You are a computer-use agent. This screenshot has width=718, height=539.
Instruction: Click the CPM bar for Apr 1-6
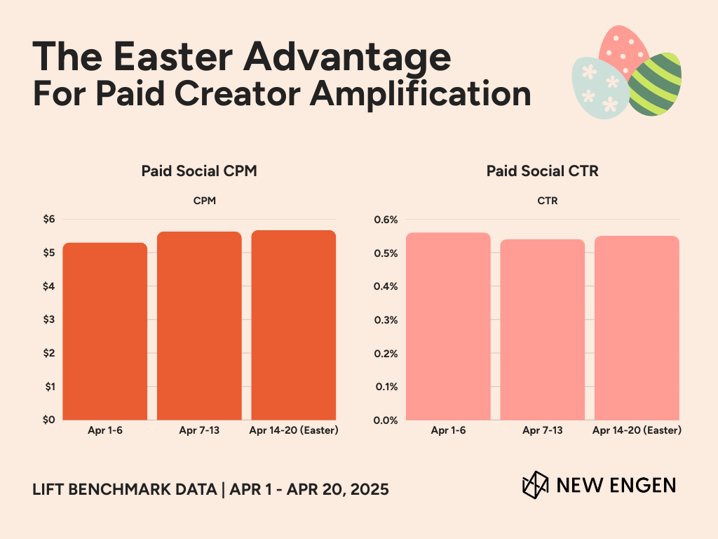click(x=105, y=331)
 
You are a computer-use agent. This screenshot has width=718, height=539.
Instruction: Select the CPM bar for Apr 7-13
click(x=199, y=326)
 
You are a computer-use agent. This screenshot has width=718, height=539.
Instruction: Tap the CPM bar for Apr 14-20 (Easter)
click(x=293, y=325)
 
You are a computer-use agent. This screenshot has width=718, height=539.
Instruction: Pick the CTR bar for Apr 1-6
click(x=449, y=326)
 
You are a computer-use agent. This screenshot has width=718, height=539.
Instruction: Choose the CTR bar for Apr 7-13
click(x=543, y=330)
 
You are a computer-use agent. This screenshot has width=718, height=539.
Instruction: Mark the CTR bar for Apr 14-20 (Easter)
click(x=637, y=328)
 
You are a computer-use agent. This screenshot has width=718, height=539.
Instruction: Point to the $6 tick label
click(x=48, y=220)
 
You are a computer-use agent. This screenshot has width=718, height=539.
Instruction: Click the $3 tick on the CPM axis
click(x=48, y=320)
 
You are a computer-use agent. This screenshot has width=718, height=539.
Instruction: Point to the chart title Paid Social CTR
click(x=543, y=171)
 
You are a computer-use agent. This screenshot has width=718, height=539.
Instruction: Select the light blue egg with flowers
click(x=600, y=88)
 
